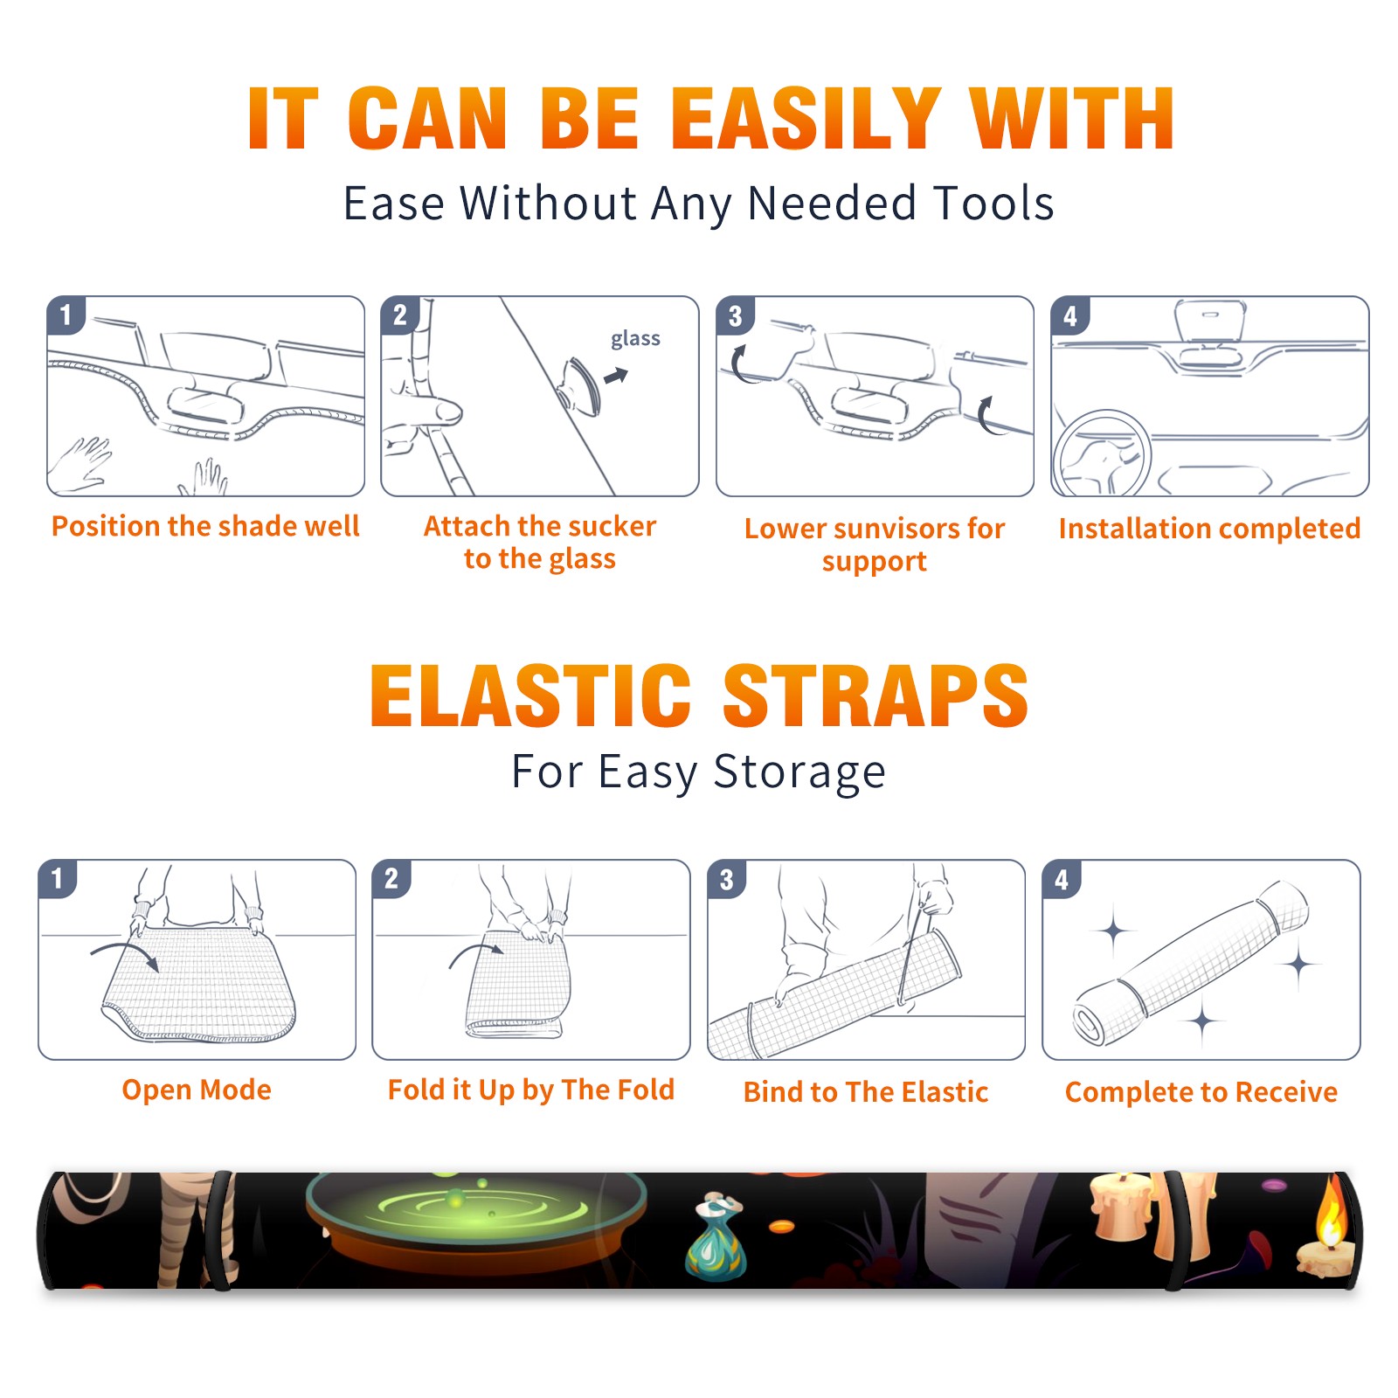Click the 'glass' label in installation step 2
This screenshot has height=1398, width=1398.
click(x=635, y=338)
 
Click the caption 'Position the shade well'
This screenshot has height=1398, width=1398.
click(x=205, y=526)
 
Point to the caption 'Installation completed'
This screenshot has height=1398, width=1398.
click(x=1209, y=528)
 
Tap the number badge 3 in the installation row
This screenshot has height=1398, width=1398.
click(x=735, y=315)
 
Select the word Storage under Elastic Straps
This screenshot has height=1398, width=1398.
click(x=799, y=772)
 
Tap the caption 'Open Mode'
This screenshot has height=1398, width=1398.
click(x=197, y=1090)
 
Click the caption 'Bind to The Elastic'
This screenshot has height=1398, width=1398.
click(x=865, y=1092)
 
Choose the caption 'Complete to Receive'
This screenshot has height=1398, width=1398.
click(x=1201, y=1092)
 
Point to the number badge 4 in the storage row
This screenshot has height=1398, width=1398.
click(x=1062, y=879)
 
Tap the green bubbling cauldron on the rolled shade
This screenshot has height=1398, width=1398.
click(x=476, y=1223)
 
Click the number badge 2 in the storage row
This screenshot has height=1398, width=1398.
click(x=391, y=879)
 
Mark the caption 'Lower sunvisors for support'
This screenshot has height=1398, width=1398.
click(x=874, y=544)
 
